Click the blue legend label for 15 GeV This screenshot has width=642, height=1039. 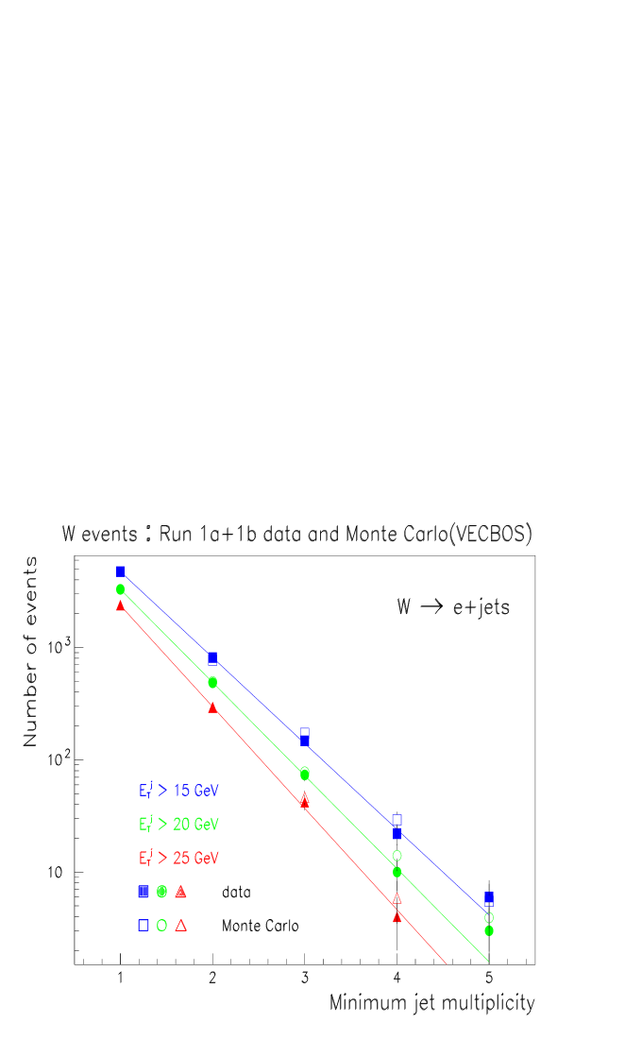point(178,791)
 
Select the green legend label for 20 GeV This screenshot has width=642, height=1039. point(178,825)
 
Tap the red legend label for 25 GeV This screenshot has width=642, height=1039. point(178,859)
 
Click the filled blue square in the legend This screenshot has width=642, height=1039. point(144,892)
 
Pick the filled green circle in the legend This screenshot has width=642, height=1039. point(161,892)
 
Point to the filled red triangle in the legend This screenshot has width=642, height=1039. point(180,892)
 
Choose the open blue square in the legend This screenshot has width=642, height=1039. point(144,926)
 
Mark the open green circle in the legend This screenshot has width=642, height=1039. point(161,926)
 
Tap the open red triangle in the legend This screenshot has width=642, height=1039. point(180,926)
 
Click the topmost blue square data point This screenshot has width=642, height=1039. point(120,571)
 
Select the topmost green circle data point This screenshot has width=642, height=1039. point(120,589)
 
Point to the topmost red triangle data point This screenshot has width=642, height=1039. point(120,605)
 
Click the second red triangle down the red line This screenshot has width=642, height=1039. point(212,707)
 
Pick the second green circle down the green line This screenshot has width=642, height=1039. point(212,682)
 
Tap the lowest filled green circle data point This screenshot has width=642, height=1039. point(489,930)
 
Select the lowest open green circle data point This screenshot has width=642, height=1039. point(489,917)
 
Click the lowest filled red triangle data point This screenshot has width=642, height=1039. point(397,916)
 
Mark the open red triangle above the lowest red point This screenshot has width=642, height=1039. point(397,898)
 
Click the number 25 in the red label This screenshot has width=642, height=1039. point(181,859)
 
